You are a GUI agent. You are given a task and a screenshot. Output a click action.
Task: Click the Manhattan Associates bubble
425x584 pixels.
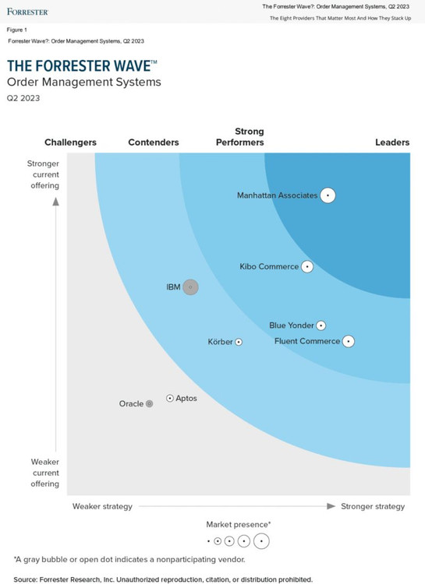pyautogui.click(x=328, y=195)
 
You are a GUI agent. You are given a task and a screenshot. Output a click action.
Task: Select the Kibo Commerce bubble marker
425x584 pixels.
pyautogui.click(x=307, y=266)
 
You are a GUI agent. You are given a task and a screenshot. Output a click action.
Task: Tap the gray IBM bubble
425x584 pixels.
pyautogui.click(x=191, y=287)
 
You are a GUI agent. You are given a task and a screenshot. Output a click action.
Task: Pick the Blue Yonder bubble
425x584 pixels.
pyautogui.click(x=321, y=325)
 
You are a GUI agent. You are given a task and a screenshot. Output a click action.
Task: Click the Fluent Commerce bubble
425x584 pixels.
pyautogui.click(x=349, y=341)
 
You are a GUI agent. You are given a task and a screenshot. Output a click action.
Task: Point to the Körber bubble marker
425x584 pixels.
pyautogui.click(x=239, y=342)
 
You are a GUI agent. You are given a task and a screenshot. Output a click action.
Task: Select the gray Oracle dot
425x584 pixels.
pyautogui.click(x=149, y=403)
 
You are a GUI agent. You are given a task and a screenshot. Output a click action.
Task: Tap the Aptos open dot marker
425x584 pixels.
pyautogui.click(x=170, y=398)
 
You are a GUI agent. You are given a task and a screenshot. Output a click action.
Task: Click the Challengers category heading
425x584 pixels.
pyautogui.click(x=70, y=142)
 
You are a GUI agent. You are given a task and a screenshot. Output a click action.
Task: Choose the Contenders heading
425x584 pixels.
pyautogui.click(x=154, y=142)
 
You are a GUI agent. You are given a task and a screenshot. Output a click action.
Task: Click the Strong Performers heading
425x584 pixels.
pyautogui.click(x=240, y=137)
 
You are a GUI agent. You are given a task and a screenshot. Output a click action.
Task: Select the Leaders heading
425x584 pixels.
pyautogui.click(x=392, y=142)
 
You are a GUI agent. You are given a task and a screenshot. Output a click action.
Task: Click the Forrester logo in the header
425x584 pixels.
pyautogui.click(x=27, y=12)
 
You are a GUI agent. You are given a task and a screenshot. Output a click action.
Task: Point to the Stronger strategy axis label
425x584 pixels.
pyautogui.click(x=373, y=507)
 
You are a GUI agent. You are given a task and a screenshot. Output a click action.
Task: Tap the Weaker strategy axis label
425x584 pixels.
pyautogui.click(x=102, y=507)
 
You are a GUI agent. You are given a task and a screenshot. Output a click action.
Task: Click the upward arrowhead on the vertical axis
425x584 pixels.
pyautogui.click(x=56, y=202)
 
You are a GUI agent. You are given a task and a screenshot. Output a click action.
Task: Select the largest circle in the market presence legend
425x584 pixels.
pyautogui.click(x=261, y=541)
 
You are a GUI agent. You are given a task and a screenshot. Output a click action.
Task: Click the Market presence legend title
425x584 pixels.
pyautogui.click(x=239, y=524)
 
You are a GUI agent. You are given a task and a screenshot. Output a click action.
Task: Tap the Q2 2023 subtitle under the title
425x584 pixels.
pyautogui.click(x=23, y=98)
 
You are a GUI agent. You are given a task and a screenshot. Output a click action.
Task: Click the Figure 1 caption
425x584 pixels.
pyautogui.click(x=17, y=30)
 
